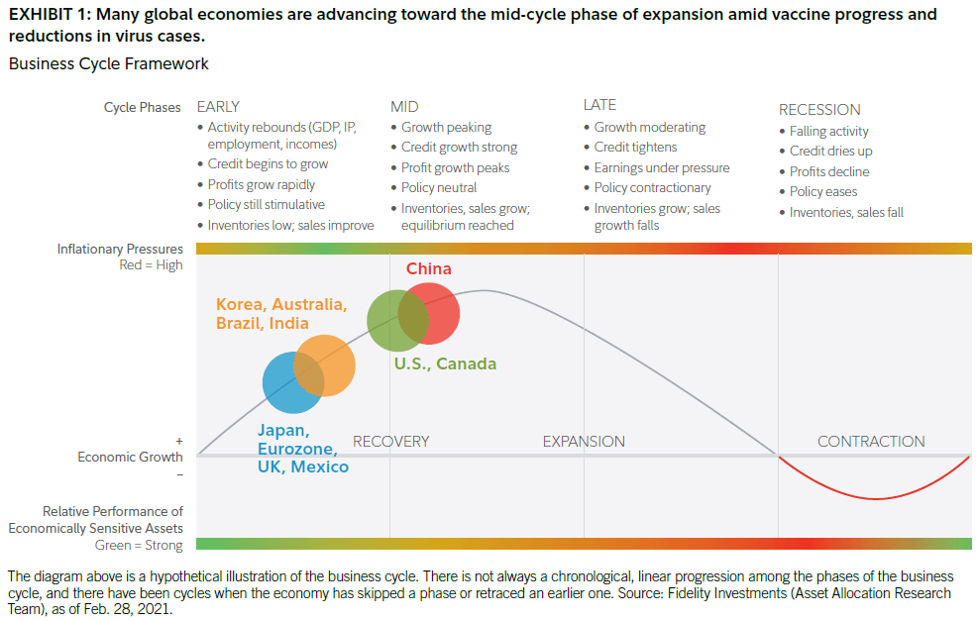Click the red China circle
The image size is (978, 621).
point(436,313)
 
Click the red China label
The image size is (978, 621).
point(428,269)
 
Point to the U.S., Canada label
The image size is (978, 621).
point(445,364)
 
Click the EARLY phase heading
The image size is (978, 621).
point(218,106)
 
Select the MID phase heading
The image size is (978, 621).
point(404,106)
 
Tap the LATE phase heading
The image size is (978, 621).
point(599,104)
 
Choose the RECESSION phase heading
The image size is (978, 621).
point(819,109)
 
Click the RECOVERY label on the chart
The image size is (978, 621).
point(390,442)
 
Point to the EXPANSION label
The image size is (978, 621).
point(584,442)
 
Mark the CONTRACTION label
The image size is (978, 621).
point(871,442)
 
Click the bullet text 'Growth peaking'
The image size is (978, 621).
point(446,128)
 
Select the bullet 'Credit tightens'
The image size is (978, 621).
point(635,148)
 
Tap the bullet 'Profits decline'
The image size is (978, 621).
point(829,171)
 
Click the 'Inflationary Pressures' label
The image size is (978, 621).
point(120,249)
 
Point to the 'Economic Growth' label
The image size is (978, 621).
point(131,458)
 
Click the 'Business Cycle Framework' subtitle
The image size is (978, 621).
point(108,64)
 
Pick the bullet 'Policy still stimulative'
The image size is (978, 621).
point(266,205)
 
